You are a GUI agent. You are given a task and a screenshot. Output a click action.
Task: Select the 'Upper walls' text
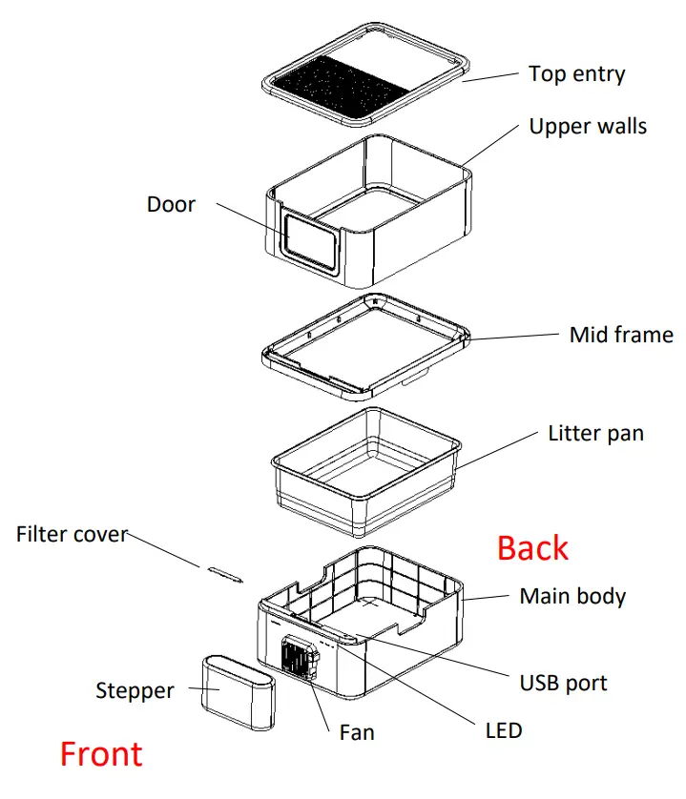click(x=588, y=126)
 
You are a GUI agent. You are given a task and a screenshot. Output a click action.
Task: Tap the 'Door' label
click(x=171, y=204)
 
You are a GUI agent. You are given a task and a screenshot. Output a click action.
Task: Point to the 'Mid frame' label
click(x=621, y=335)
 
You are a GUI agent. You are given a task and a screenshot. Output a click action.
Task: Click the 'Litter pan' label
click(x=595, y=434)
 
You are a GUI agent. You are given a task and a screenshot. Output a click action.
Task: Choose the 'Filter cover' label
click(x=72, y=534)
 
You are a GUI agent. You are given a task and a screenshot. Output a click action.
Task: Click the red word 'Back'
click(x=532, y=548)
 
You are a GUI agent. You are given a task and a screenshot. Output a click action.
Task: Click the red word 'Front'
click(x=101, y=754)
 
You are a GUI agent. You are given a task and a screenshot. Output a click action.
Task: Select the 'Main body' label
click(x=572, y=597)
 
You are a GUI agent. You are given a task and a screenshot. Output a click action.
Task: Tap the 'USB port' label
click(x=563, y=683)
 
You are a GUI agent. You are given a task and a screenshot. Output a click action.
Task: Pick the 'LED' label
click(x=503, y=731)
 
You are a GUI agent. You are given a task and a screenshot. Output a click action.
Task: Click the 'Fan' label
click(x=357, y=732)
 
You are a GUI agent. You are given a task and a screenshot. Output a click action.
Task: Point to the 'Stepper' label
click(x=135, y=690)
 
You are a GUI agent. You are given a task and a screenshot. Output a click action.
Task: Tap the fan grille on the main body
click(x=298, y=657)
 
